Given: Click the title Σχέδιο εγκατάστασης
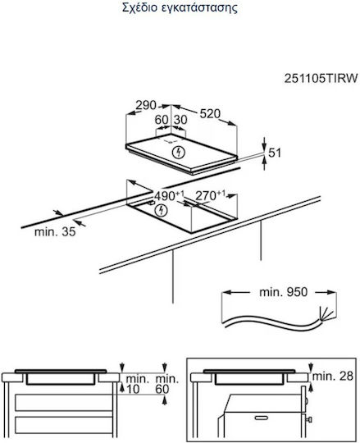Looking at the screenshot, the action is click(x=180, y=8).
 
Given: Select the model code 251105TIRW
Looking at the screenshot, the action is click(x=321, y=78).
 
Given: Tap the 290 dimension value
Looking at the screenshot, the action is click(x=146, y=105).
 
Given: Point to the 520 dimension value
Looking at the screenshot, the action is click(x=210, y=113).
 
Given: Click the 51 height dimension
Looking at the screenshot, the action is click(x=275, y=153).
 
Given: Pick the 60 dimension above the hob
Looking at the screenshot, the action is click(x=162, y=120).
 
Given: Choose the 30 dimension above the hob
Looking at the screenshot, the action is click(x=180, y=120).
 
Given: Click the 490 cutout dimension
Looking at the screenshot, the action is click(x=169, y=195).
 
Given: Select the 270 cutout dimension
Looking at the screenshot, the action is click(x=211, y=195).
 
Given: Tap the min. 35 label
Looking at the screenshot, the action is click(x=55, y=232).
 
